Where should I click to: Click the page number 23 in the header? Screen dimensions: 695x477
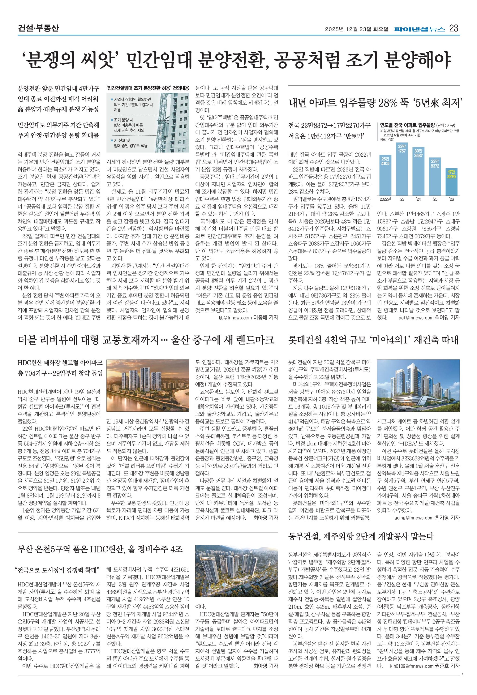[453, 28]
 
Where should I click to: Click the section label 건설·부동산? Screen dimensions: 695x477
[38, 28]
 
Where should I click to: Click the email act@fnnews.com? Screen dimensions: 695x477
[416, 318]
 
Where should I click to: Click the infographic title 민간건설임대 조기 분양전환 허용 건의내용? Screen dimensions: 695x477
[148, 88]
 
